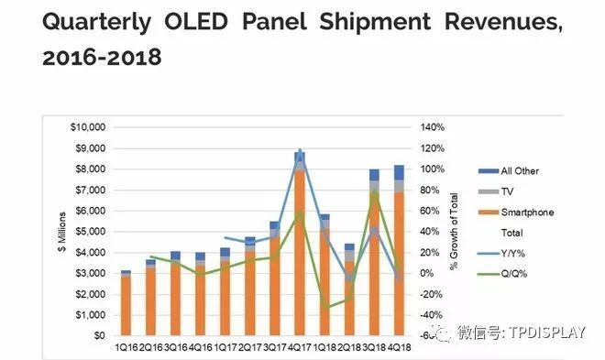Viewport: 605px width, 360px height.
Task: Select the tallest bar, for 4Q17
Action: point(300,247)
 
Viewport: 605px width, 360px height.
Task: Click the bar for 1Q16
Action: point(126,304)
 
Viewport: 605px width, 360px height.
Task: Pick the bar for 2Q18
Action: point(349,293)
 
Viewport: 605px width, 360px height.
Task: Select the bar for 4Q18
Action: point(399,256)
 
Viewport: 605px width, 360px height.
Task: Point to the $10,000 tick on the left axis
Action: point(89,127)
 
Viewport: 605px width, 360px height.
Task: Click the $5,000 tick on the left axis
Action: point(92,232)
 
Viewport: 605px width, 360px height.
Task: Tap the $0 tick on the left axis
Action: point(99,336)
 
